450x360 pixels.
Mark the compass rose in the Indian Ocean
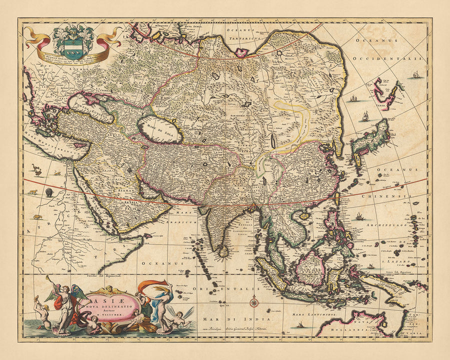253,301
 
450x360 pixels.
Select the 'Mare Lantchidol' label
314,314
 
